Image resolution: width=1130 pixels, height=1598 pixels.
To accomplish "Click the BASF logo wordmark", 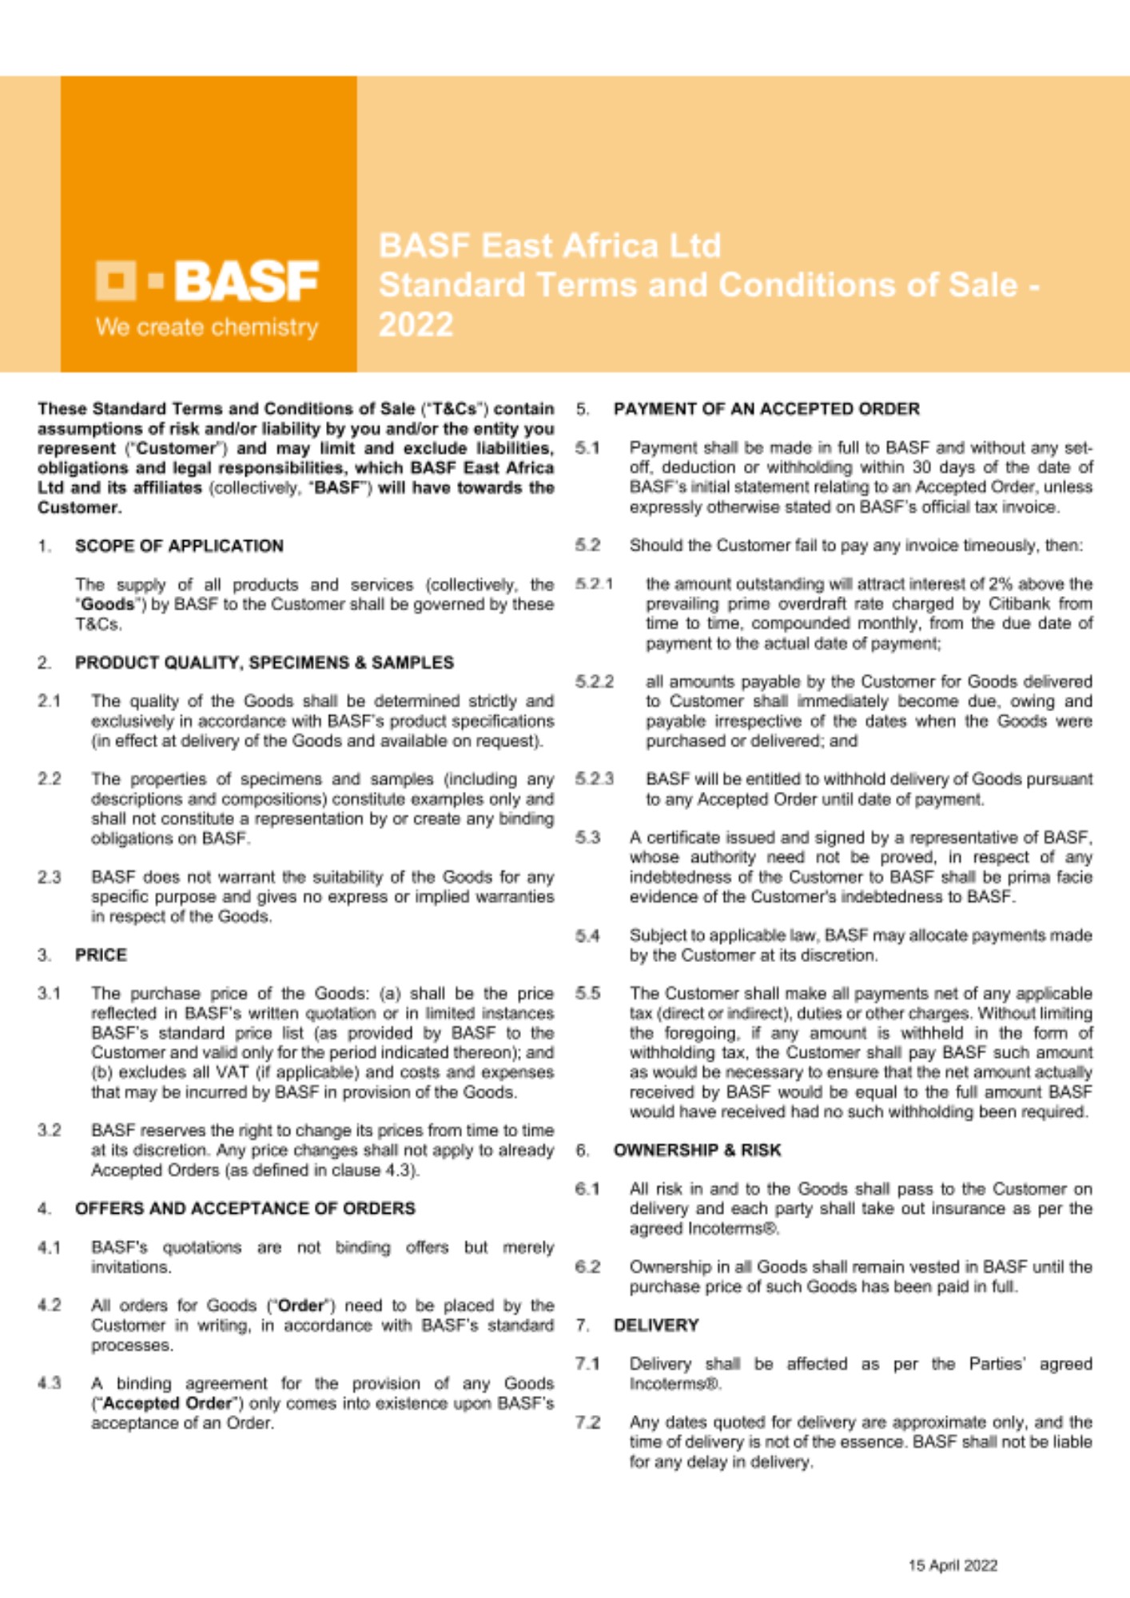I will click(x=246, y=280).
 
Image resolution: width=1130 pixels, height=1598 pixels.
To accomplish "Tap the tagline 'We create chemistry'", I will click(x=207, y=328).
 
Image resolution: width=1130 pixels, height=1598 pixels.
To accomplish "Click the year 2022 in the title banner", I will click(x=416, y=325).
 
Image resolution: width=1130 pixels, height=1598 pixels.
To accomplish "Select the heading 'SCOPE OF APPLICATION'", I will click(x=179, y=546).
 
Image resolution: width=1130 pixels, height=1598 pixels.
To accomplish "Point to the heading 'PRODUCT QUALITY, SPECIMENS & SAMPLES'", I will click(x=264, y=662).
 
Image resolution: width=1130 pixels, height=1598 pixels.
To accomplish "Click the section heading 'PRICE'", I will click(x=101, y=955).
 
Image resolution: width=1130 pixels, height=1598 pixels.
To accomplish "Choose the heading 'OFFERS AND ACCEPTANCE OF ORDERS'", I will click(x=245, y=1208).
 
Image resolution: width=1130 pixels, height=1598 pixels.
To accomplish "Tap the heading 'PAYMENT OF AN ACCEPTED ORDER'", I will click(x=766, y=409).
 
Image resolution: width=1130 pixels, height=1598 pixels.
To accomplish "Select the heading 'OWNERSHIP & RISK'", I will click(x=697, y=1150).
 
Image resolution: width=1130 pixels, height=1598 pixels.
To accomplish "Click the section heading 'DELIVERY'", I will click(x=656, y=1325).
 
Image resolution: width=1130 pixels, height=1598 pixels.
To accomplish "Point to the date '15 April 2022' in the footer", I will click(x=953, y=1565).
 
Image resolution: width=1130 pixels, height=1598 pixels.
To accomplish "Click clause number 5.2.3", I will click(x=594, y=779).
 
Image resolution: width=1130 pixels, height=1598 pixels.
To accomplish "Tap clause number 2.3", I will click(x=49, y=877).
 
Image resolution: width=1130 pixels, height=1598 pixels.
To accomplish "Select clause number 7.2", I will click(x=587, y=1422).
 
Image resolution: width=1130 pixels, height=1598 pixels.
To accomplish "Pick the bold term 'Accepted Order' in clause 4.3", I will click(x=167, y=1403).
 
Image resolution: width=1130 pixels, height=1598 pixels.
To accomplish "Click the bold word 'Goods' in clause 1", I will click(x=107, y=605).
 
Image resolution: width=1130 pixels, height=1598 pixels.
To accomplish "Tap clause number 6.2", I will click(x=587, y=1266).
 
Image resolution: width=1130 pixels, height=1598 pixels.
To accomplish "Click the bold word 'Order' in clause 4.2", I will click(x=300, y=1306).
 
